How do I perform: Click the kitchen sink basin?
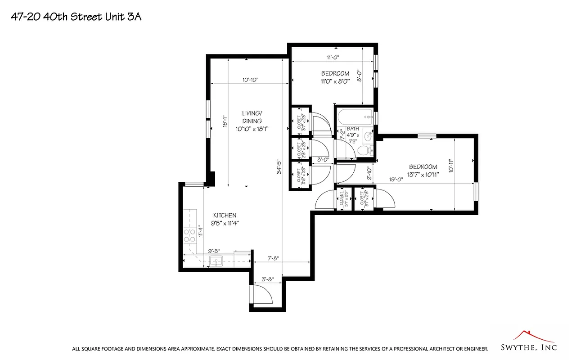point(216,261)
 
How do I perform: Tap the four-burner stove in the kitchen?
point(189,233)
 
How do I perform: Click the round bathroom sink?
point(367,135)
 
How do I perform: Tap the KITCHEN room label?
point(225,216)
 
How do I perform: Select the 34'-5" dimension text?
point(279,167)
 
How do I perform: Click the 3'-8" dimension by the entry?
point(268,279)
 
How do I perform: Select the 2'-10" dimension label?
point(368,173)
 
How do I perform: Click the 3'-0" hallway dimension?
point(323,159)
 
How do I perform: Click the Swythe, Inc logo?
point(529,342)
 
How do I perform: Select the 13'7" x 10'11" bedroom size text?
point(423,174)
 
